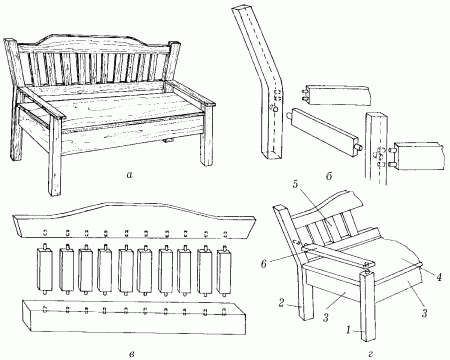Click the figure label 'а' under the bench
(x=129, y=174)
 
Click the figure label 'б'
(x=329, y=176)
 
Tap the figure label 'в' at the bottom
(x=132, y=353)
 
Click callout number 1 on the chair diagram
(x=348, y=330)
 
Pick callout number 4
(x=439, y=277)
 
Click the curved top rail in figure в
(x=134, y=220)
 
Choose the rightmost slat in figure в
(x=224, y=271)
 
